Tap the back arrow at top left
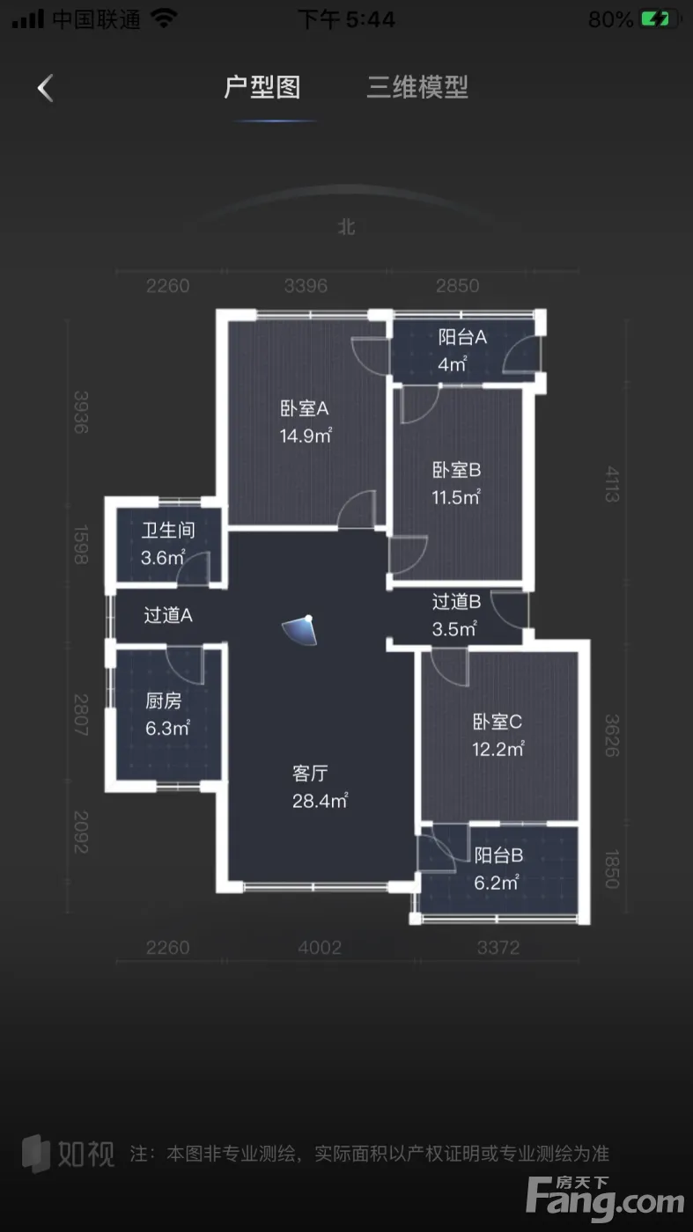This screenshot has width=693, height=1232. (45, 88)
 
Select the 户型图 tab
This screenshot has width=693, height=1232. (262, 87)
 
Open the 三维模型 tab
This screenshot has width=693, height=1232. (417, 87)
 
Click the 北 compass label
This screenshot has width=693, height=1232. (346, 227)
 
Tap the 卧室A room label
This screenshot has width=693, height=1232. (305, 408)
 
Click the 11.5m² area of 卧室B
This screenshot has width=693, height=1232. (456, 497)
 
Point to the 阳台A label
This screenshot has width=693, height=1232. (462, 336)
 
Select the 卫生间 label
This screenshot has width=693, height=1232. (168, 530)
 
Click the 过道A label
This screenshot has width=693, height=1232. (168, 615)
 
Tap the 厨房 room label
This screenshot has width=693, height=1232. (164, 700)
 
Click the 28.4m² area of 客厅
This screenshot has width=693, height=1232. (320, 801)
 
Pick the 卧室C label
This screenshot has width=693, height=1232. (498, 722)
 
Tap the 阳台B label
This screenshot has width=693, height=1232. (498, 855)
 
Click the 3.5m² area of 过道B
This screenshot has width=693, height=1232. (454, 628)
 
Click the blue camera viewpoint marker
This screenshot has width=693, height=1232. (300, 630)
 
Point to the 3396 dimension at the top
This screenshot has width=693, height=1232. (306, 286)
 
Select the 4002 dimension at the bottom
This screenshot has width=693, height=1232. (320, 948)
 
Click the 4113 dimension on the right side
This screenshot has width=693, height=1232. (612, 484)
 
